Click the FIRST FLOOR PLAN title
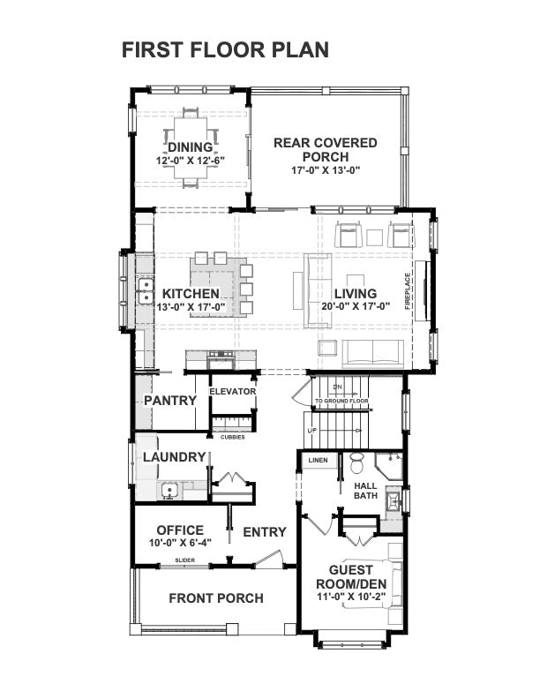click(225, 49)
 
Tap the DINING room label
click(191, 147)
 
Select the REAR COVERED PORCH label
click(325, 149)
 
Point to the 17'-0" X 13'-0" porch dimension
click(325, 169)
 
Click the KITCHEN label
click(191, 293)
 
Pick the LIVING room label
click(355, 293)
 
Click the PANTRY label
click(169, 400)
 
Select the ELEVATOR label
click(232, 391)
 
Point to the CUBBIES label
click(233, 437)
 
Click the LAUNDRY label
click(174, 457)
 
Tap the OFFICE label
click(180, 530)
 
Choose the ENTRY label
click(265, 531)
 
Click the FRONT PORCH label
click(215, 598)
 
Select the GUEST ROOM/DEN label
click(351, 576)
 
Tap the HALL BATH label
click(365, 491)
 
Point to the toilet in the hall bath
click(357, 462)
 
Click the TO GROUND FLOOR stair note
click(341, 401)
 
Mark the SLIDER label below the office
click(184, 560)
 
